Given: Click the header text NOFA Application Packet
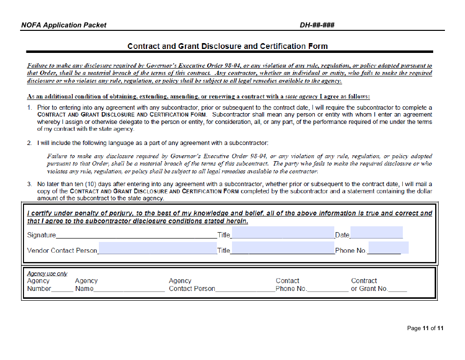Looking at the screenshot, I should (x=64, y=25).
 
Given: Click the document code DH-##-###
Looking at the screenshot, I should (x=317, y=25).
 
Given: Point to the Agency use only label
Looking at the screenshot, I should (x=47, y=274).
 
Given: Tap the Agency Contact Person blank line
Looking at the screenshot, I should (x=244, y=289).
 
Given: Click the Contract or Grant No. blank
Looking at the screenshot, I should (x=398, y=289).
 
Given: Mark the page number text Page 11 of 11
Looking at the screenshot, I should (x=425, y=328).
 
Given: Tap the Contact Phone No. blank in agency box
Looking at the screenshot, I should (x=327, y=289).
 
